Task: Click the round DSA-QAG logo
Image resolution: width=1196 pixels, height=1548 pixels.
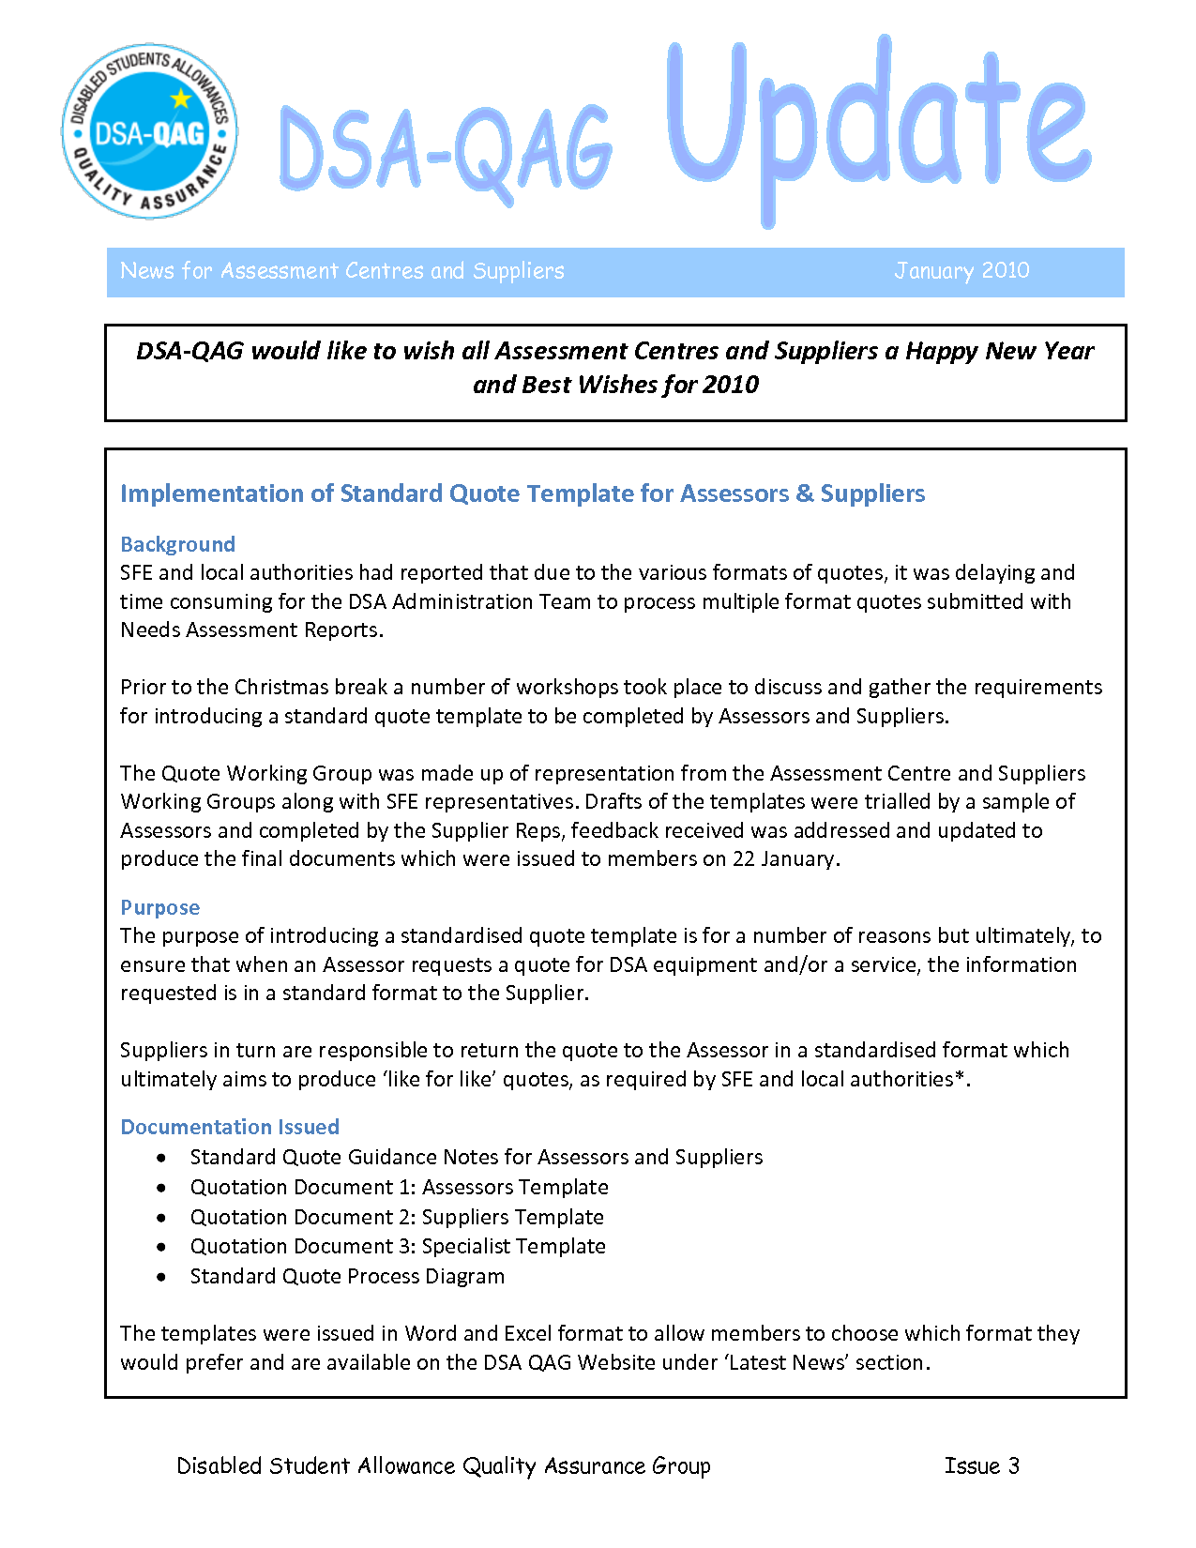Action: tap(150, 132)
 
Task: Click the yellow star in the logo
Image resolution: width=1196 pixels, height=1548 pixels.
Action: tap(180, 98)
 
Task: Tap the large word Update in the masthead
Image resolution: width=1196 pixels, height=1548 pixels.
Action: tap(877, 127)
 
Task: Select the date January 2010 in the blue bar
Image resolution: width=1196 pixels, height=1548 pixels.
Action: tap(961, 271)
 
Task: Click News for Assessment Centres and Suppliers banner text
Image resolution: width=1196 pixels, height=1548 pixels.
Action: tap(342, 271)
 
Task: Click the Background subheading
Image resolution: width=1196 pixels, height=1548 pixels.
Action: tap(177, 544)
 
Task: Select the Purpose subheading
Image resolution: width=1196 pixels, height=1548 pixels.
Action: tap(159, 907)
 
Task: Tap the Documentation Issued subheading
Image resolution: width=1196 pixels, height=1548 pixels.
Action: tap(230, 1127)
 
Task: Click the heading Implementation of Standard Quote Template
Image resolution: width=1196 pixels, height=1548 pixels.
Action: tap(522, 493)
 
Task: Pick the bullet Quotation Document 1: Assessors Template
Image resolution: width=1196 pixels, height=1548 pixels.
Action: tap(399, 1187)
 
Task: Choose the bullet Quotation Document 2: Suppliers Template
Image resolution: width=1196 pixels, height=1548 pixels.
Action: tap(397, 1217)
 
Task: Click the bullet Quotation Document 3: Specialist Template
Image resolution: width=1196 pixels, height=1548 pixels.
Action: tap(398, 1246)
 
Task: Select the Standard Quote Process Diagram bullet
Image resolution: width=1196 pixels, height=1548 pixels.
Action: tap(347, 1276)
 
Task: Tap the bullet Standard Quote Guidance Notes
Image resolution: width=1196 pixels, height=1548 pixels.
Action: tap(477, 1157)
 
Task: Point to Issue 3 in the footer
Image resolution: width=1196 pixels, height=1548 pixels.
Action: tap(981, 1465)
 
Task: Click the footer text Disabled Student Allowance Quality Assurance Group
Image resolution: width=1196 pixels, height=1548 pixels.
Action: tap(444, 1465)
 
